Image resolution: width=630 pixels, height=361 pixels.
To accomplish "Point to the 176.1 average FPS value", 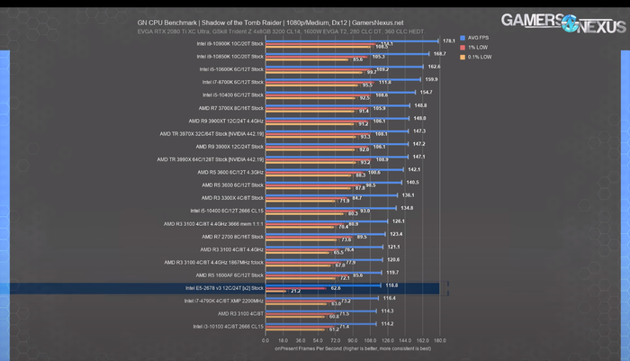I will [449, 41].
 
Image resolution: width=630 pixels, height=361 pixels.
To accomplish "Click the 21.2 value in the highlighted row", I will [296, 292].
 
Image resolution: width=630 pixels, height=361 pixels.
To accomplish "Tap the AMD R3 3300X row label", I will [232, 196].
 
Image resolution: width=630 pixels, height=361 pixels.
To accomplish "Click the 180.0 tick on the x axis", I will [439, 341].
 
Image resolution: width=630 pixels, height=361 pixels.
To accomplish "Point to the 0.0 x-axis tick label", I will [265, 341].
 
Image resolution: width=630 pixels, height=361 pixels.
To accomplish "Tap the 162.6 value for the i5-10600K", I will [434, 66].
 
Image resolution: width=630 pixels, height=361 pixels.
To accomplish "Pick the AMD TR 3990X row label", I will [210, 159].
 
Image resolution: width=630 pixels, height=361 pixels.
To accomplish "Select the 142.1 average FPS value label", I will [414, 169].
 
